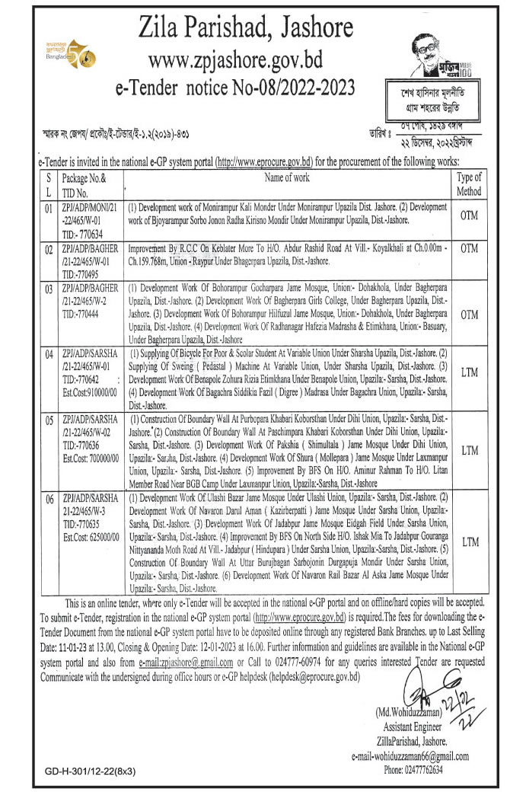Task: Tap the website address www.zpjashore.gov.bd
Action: (248, 59)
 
